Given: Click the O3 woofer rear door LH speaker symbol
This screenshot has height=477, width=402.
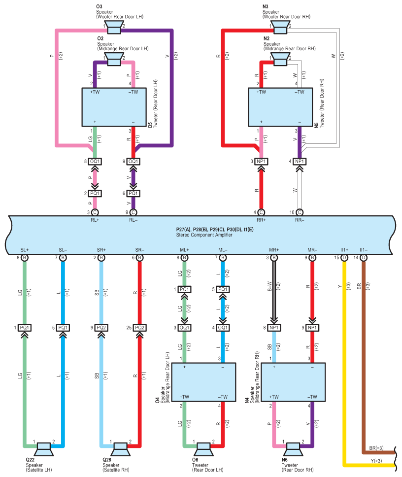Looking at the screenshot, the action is click(x=114, y=28).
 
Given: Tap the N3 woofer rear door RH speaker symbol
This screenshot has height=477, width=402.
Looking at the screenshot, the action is click(x=280, y=28).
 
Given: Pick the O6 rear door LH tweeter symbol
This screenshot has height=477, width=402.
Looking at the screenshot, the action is click(x=203, y=449).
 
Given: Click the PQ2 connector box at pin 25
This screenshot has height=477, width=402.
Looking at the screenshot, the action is click(x=139, y=328).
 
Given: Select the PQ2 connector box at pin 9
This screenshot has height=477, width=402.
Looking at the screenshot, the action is click(x=101, y=328).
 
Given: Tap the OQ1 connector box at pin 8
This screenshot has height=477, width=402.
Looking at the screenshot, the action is click(x=95, y=161).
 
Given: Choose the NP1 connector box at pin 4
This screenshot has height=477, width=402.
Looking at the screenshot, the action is click(x=300, y=161).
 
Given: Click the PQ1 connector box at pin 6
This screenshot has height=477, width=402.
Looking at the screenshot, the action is click(x=133, y=193).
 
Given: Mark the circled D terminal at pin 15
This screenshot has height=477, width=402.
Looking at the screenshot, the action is click(x=344, y=258).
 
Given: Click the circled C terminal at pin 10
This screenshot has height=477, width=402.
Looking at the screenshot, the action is click(x=300, y=212).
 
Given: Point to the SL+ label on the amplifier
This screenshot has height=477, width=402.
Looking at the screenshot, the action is click(x=25, y=250).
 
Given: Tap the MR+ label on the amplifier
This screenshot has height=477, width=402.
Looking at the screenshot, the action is click(x=274, y=250).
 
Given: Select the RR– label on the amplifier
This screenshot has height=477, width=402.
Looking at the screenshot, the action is click(x=300, y=220).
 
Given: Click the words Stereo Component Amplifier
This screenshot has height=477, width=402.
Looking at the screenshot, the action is click(x=204, y=235).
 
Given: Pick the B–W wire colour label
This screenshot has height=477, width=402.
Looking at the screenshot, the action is click(x=269, y=286).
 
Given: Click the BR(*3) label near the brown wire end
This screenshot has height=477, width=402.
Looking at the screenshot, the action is click(x=376, y=448).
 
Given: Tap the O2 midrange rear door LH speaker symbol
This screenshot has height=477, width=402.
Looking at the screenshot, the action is click(x=114, y=59).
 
